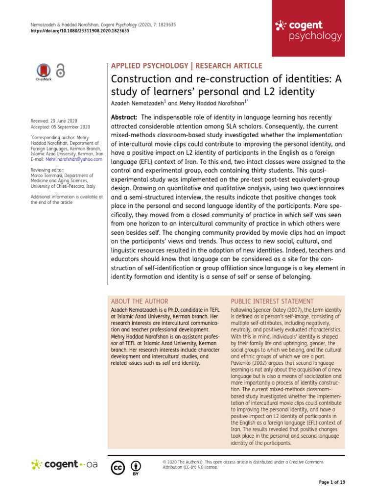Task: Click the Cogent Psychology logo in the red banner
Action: (x=308, y=30)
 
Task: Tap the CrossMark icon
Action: (x=44, y=72)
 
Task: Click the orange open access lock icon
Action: (x=60, y=71)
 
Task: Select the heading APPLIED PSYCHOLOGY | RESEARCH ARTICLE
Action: (x=187, y=66)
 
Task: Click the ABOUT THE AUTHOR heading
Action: (x=140, y=301)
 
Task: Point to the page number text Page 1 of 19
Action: (x=332, y=483)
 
